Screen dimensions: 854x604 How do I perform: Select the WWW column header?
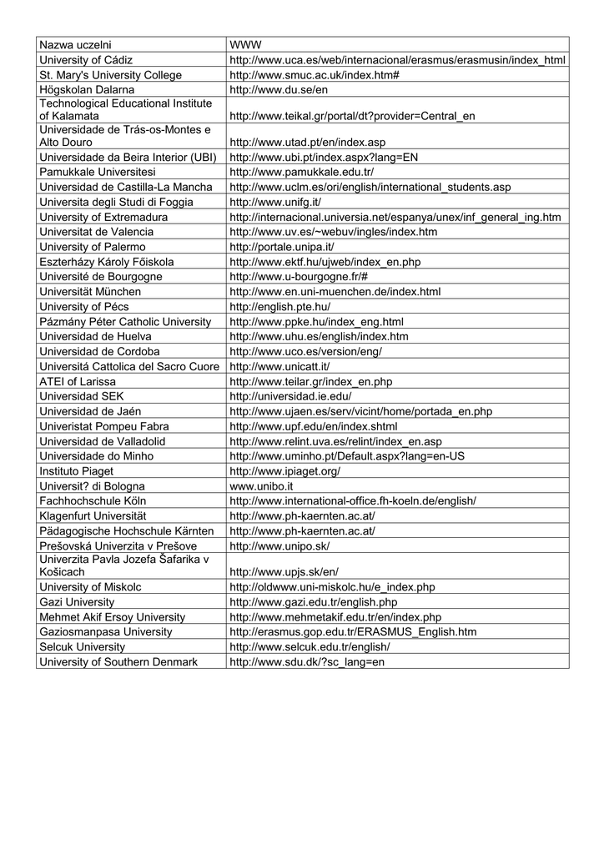pos(245,44)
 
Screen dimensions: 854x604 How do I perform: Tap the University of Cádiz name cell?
pos(87,60)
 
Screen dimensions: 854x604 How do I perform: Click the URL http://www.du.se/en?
pos(278,89)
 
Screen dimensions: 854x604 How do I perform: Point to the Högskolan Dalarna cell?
pos(87,89)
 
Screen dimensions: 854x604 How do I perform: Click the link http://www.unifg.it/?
pos(274,202)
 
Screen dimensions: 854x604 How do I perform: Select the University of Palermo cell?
pos(93,247)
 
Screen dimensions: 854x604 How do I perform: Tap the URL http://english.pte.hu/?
pos(279,307)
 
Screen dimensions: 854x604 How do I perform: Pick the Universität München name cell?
pos(90,292)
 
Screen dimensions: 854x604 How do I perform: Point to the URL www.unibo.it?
pos(261,485)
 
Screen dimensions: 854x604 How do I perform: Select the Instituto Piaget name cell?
pos(77,471)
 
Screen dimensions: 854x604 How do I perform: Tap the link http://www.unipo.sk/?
pos(279,545)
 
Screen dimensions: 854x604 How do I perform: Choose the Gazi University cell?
pos(77,602)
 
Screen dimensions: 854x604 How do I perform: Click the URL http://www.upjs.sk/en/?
pos(284,572)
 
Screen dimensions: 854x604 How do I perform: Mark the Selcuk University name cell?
pos(82,647)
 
